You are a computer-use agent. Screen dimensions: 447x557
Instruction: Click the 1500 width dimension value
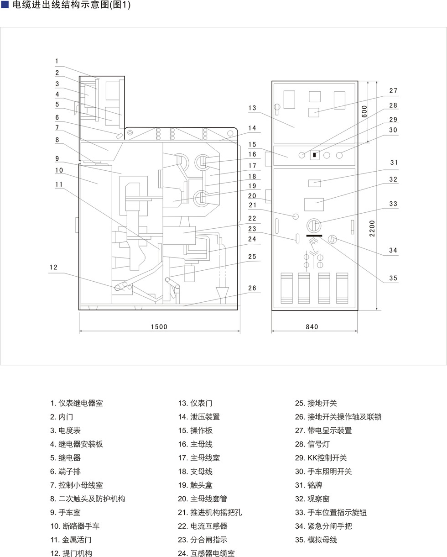pyautogui.click(x=159, y=326)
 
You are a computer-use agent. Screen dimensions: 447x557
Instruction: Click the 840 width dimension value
pyautogui.click(x=312, y=326)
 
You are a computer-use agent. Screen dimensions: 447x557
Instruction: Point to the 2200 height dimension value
pyautogui.click(x=372, y=228)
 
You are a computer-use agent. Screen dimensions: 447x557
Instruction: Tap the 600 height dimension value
pyautogui.click(x=364, y=111)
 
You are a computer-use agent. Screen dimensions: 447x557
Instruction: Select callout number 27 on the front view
pyautogui.click(x=393, y=90)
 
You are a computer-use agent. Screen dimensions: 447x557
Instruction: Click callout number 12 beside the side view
pyautogui.click(x=53, y=267)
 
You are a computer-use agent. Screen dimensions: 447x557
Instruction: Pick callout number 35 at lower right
pyautogui.click(x=393, y=278)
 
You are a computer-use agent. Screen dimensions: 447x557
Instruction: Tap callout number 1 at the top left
pyautogui.click(x=57, y=61)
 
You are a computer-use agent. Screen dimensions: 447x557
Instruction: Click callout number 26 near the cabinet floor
pyautogui.click(x=252, y=288)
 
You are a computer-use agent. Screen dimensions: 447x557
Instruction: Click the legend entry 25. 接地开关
pyautogui.click(x=316, y=403)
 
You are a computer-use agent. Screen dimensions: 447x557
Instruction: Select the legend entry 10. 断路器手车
pyautogui.click(x=75, y=526)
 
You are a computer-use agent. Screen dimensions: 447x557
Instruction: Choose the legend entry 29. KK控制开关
pyautogui.click(x=321, y=457)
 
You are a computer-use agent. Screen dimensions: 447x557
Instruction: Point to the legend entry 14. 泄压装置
pyautogui.click(x=199, y=417)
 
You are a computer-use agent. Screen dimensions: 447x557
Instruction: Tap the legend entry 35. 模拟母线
pyautogui.click(x=316, y=540)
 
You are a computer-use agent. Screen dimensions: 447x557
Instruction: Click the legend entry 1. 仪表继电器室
pyautogui.click(x=76, y=403)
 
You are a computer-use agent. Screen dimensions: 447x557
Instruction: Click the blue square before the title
pyautogui.click(x=5, y=5)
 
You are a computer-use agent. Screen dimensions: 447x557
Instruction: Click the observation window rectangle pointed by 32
pyautogui.click(x=314, y=205)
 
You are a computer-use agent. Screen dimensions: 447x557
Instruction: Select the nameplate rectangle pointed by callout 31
pyautogui.click(x=315, y=183)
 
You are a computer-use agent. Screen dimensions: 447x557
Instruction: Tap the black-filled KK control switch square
pyautogui.click(x=314, y=155)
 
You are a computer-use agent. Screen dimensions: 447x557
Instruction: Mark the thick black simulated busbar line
pyautogui.click(x=314, y=236)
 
